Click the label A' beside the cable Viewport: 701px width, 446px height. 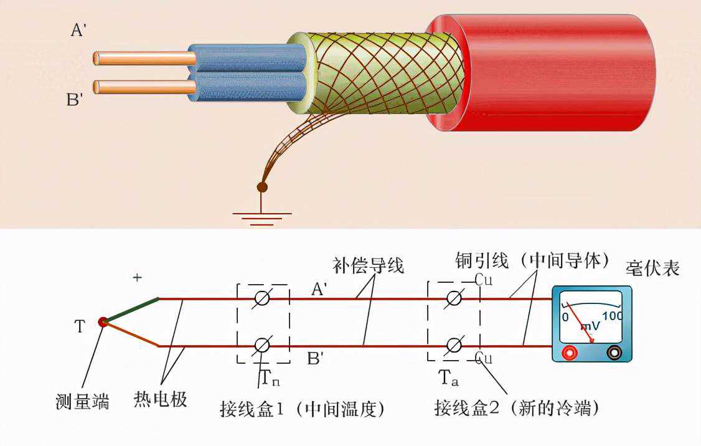click(78, 30)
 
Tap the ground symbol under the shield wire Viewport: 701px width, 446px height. click(262, 217)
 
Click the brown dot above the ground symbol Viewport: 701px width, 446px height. click(262, 187)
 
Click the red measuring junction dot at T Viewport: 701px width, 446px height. click(103, 322)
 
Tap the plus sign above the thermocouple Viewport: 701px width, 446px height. click(137, 278)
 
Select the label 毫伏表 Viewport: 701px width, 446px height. click(652, 268)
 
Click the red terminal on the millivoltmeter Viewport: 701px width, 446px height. click(568, 353)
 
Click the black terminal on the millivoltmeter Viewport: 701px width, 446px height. click(614, 353)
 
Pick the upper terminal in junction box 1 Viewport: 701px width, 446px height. click(263, 298)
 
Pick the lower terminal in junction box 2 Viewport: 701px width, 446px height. click(454, 345)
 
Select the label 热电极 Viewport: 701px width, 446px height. click(160, 399)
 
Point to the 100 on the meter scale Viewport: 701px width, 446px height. click(612, 316)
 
